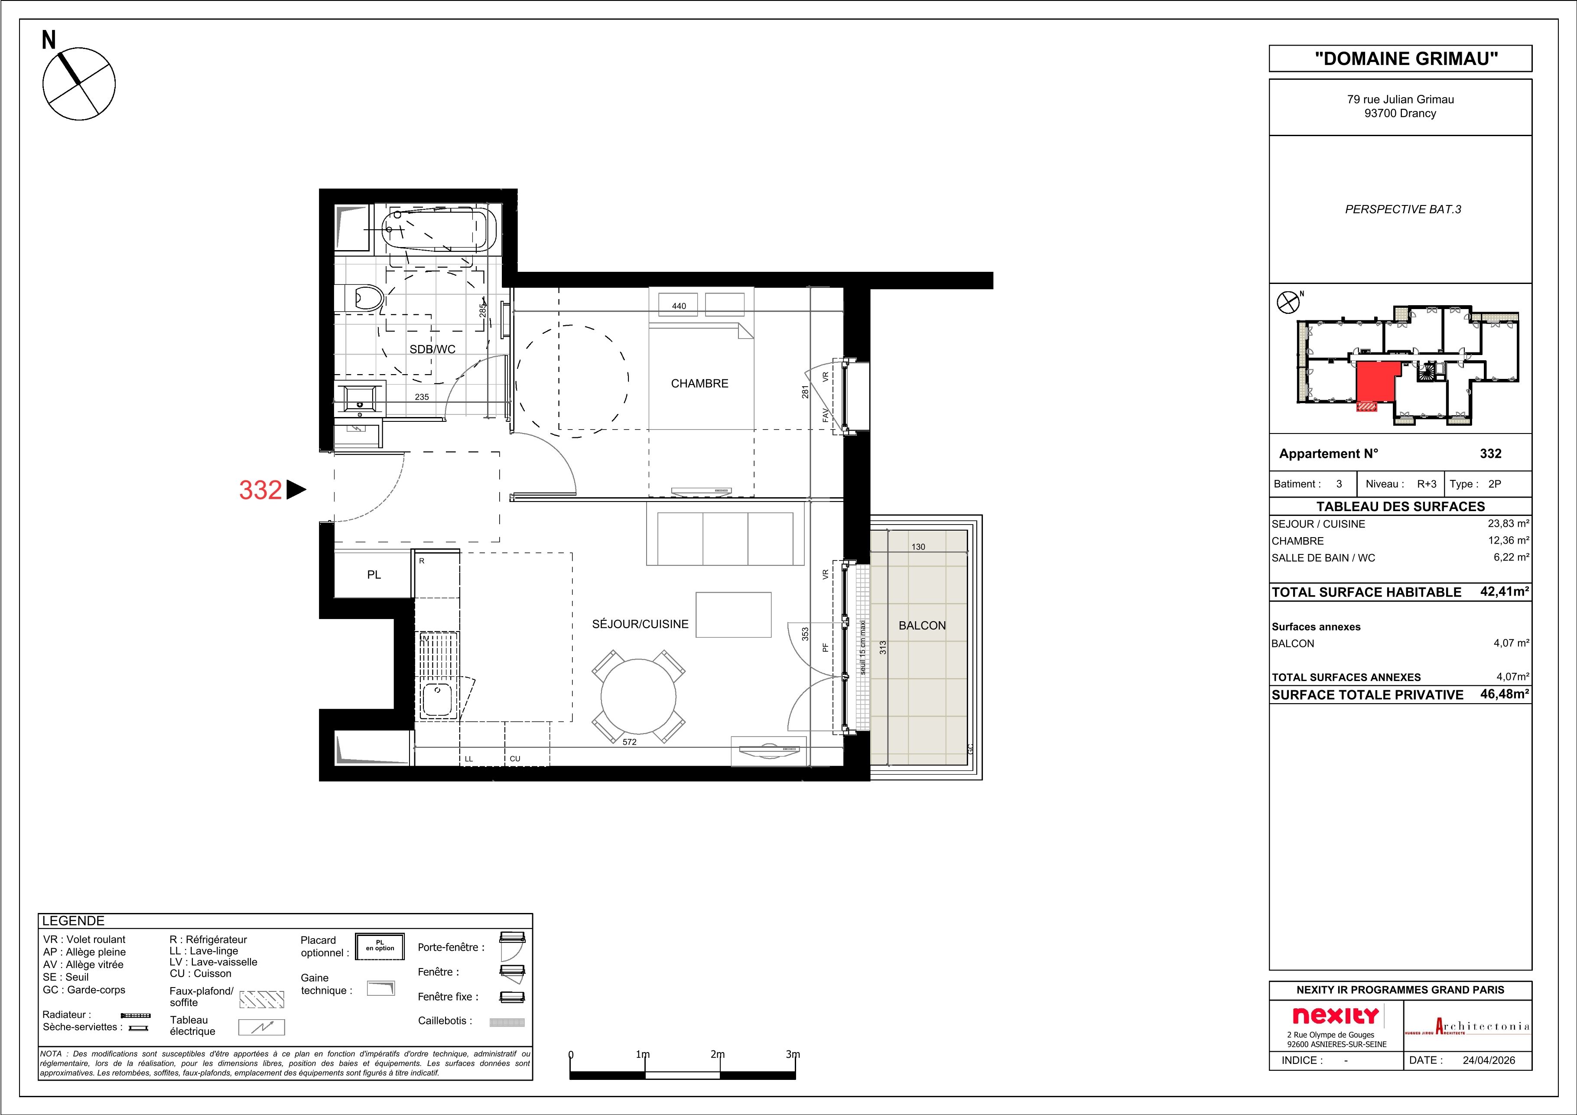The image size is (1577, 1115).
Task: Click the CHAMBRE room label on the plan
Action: click(699, 383)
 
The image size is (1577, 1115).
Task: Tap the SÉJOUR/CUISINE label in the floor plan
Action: click(640, 624)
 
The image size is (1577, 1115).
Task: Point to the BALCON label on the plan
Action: click(922, 625)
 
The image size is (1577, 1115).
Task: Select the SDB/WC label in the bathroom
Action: click(432, 349)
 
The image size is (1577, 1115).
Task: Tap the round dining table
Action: click(639, 697)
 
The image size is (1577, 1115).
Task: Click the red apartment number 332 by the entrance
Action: click(260, 490)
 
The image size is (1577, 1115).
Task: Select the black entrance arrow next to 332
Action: click(296, 490)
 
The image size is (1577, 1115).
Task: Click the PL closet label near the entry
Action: click(374, 574)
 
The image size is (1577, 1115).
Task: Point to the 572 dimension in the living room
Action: click(629, 742)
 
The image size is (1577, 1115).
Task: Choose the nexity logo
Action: click(1335, 1015)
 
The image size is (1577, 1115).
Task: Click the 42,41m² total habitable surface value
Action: click(1504, 591)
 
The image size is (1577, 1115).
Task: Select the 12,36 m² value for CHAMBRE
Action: click(1509, 541)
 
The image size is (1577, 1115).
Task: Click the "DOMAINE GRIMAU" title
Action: click(1401, 59)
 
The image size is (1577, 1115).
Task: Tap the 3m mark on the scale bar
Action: click(793, 1055)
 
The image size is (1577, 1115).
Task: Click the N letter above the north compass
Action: click(49, 40)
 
